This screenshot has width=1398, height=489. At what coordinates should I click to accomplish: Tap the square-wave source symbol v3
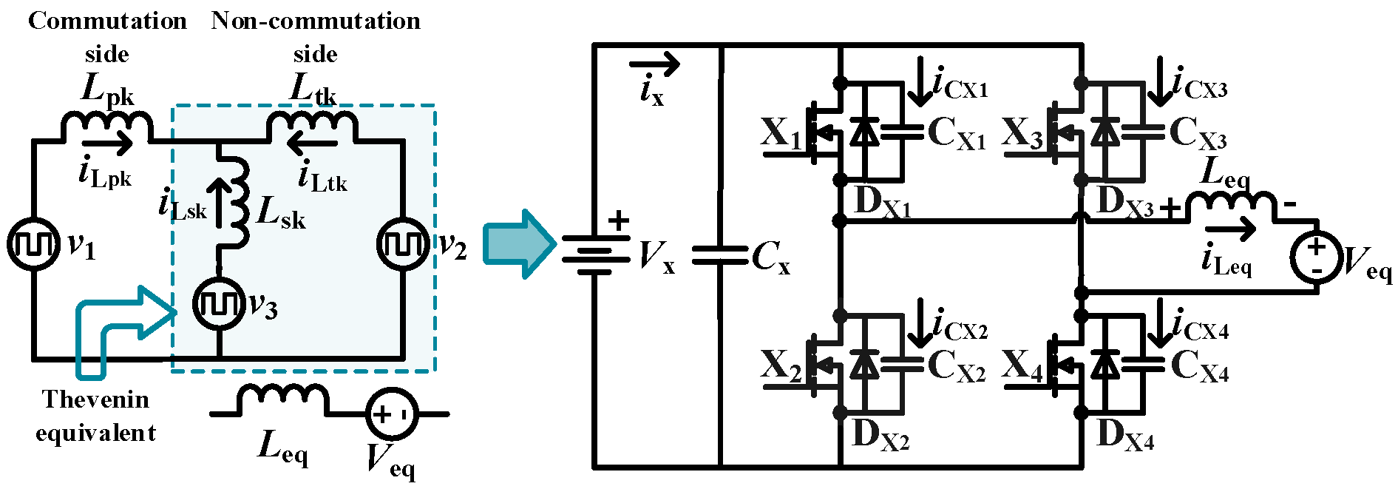219,304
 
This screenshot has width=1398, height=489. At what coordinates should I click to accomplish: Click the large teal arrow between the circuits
518,243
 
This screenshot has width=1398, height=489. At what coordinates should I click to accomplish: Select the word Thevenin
95,399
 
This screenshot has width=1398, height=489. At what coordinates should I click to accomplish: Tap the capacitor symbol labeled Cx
720,256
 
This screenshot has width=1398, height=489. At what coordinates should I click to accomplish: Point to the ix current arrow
654,65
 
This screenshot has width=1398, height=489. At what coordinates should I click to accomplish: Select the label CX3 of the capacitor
1198,134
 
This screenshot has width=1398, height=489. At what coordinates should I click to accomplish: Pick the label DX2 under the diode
880,436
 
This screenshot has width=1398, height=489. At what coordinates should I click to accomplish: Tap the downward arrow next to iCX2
921,323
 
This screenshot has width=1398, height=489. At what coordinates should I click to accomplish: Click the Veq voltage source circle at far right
1316,257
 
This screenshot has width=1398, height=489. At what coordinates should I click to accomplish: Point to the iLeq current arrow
1230,229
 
